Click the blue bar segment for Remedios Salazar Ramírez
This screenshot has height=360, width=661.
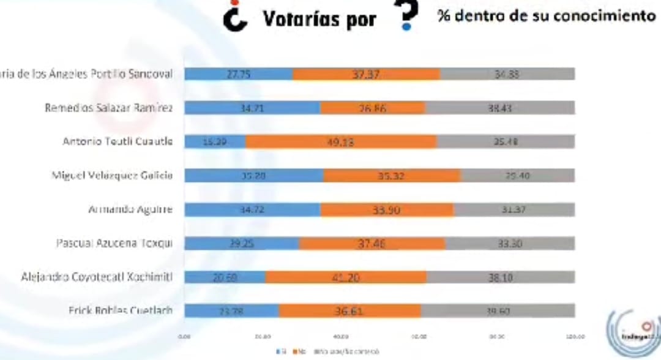pos(252,108)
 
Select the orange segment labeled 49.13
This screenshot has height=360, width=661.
pos(341,142)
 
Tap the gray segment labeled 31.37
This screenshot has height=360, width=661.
pos(514,209)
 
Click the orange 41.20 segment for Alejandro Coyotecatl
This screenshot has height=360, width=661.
pos(346,277)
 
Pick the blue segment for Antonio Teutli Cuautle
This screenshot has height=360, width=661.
pos(215,142)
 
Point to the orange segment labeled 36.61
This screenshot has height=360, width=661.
pos(349,311)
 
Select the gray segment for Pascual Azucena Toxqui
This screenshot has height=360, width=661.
pos(510,243)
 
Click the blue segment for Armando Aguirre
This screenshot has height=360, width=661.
pos(252,209)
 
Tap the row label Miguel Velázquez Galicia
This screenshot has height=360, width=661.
pos(112,176)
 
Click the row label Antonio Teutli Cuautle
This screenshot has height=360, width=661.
pos(118,141)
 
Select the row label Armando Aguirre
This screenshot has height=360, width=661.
pos(130,209)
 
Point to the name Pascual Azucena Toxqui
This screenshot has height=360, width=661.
pos(114,243)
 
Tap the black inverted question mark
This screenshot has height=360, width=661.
pos(234,17)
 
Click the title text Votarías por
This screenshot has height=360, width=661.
pos(319,19)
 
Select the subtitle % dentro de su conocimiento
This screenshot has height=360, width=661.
pos(546,16)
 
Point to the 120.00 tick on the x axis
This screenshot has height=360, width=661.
pos(575,336)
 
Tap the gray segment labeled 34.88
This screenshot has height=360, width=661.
pos(507,74)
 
